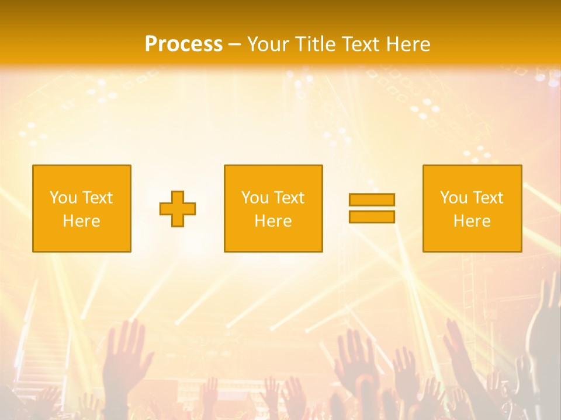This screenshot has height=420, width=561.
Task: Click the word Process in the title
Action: coord(183,44)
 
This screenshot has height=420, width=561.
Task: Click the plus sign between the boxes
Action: coord(178,209)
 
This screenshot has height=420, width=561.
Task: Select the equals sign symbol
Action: coord(372,208)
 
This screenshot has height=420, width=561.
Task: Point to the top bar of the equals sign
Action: coord(372,200)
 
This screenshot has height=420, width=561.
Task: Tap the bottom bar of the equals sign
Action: coord(372,217)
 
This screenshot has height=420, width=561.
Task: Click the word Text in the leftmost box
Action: coord(97,198)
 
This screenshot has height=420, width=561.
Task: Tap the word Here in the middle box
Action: coord(273,221)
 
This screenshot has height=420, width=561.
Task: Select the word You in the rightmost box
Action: coord(454,198)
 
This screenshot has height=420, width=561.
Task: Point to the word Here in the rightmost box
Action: coord(472,221)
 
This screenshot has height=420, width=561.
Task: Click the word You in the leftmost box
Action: coord(64,198)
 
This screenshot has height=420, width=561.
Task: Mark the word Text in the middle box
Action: coord(289,198)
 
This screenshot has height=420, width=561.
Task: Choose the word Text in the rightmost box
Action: coord(487,198)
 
